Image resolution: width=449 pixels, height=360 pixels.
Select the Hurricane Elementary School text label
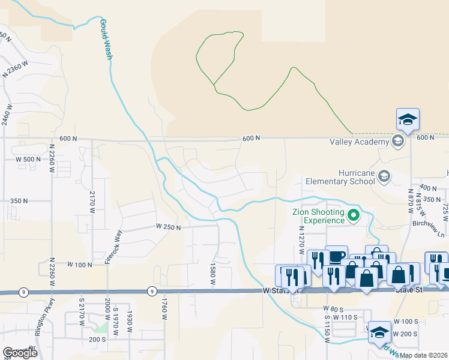pyautogui.click(x=340, y=176)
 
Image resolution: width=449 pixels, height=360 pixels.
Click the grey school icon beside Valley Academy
pyautogui.click(x=397, y=142)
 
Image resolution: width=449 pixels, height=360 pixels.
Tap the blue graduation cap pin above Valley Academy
pyautogui.click(x=408, y=120)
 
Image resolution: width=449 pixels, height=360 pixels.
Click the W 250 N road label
pyautogui.click(x=169, y=226)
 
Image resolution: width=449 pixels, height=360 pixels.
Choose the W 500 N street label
pyautogui.click(x=24, y=159)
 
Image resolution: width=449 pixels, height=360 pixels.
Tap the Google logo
pyautogui.click(x=20, y=352)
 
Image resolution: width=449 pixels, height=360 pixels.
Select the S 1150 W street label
pyautogui.click(x=328, y=328)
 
